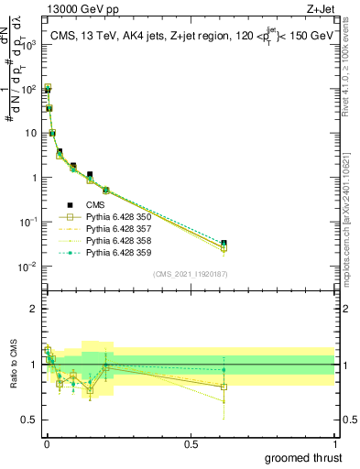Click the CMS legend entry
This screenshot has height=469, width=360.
(x=93, y=205)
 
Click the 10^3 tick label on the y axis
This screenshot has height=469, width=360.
(x=29, y=43)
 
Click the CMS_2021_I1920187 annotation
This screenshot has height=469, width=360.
(x=190, y=273)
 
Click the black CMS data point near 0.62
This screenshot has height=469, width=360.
(x=224, y=243)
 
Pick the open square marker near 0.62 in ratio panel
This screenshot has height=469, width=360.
(x=224, y=387)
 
